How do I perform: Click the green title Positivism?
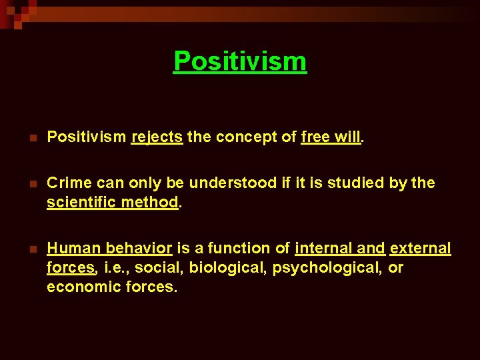coord(240,61)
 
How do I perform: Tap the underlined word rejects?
coord(157,137)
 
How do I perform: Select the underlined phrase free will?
coord(331,137)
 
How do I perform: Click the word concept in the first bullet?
coord(241,137)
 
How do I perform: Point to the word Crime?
coord(67,183)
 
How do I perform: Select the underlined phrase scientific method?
coord(112,202)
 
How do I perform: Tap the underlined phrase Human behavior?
coord(109,249)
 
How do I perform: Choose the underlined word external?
coord(420,249)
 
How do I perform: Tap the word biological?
coord(220,268)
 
